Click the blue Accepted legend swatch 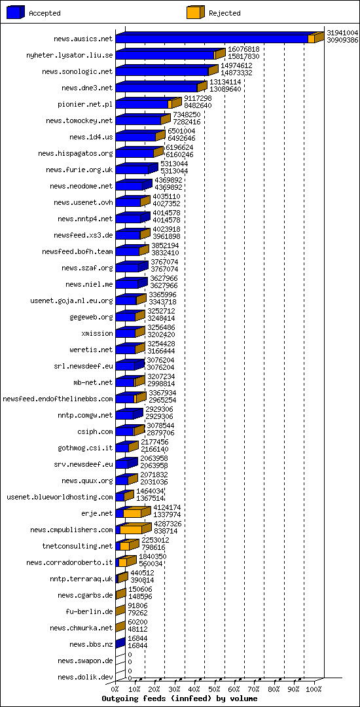[x=15, y=12]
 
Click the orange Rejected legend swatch [x=196, y=12]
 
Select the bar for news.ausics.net [x=220, y=38]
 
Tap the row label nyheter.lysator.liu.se [x=69, y=55]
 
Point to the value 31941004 [x=342, y=33]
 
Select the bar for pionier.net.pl [x=149, y=103]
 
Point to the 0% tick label [x=115, y=689]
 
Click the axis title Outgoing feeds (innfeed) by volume [x=179, y=698]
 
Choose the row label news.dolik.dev [x=85, y=677]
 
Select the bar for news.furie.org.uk [x=137, y=169]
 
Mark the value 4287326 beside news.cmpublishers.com [x=168, y=524]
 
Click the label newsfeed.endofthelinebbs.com [x=58, y=399]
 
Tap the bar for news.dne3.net [x=161, y=87]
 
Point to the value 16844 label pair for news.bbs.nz [x=137, y=643]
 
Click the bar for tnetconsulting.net [x=128, y=545]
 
